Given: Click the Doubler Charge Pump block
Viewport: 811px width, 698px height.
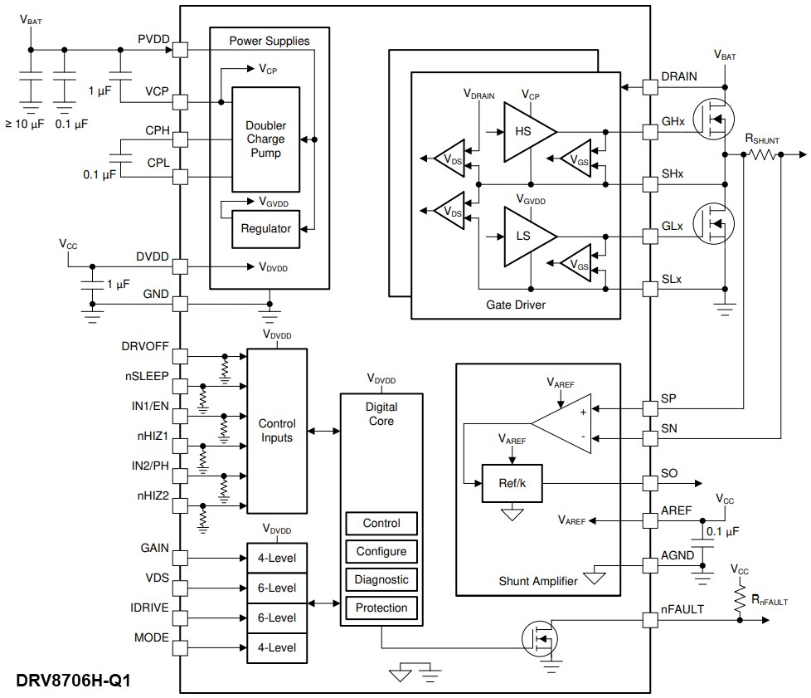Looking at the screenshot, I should coord(265,139).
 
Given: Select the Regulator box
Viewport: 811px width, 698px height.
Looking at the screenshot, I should coord(265,228).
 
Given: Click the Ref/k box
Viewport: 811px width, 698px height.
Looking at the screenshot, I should coord(512,483).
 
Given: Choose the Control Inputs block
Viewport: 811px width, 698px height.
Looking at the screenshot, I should coord(277,431).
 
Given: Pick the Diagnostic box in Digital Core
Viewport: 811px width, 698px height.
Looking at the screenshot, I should coord(381,579).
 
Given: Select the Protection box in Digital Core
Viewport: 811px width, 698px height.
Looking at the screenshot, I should coord(381,608).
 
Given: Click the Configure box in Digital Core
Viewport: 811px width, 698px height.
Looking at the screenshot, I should coord(381,551).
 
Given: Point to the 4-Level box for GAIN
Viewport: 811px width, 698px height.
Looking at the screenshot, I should coord(277,557).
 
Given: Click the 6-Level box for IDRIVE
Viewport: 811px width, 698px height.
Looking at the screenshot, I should coord(277,617).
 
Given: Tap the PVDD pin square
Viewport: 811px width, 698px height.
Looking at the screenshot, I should coord(180,51).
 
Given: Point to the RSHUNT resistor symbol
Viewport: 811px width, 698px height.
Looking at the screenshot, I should coord(763,154).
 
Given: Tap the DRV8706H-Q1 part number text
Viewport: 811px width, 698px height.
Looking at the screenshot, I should coord(73,681).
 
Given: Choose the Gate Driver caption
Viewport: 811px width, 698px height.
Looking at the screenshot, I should coord(516,305).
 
